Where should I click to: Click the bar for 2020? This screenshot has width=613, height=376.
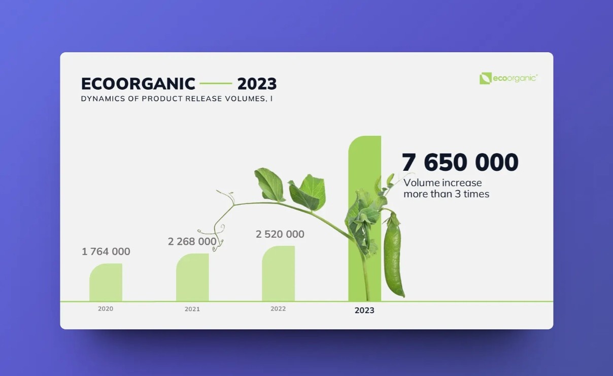[106, 283]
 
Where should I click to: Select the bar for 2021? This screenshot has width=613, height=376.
[192, 278]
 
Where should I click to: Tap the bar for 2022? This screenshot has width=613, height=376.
[278, 274]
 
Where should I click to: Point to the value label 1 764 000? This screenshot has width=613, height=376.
[106, 251]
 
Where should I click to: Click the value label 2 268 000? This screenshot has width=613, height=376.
[192, 242]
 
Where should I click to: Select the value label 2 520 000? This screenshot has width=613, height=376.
[280, 234]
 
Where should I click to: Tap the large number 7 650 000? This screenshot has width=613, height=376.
[460, 163]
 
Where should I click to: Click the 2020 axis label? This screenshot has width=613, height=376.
[106, 309]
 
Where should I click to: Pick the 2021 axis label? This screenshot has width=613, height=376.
[192, 309]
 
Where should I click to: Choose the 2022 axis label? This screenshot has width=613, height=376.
[278, 309]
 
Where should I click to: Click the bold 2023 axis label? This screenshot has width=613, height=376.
[364, 311]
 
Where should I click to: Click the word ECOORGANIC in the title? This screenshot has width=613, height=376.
[138, 84]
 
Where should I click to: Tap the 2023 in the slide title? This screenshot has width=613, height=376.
[257, 84]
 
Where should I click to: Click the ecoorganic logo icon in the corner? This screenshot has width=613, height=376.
[485, 78]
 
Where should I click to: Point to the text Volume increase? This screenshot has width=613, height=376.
[442, 183]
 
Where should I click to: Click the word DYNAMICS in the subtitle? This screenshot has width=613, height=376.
[100, 99]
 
